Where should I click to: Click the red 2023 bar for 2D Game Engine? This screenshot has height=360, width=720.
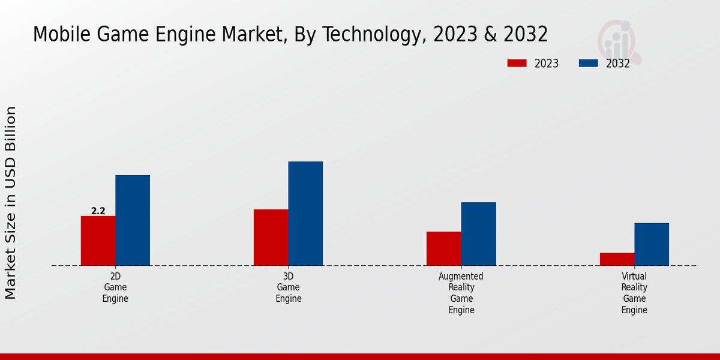click(x=98, y=241)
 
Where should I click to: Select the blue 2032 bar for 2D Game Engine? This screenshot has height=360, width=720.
click(x=133, y=220)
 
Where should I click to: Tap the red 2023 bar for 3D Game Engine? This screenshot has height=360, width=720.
click(x=271, y=238)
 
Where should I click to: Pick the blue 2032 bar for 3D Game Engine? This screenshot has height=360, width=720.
click(x=305, y=214)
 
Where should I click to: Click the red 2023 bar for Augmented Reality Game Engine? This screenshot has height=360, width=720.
click(x=444, y=248)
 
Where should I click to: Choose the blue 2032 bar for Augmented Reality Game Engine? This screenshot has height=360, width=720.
click(x=479, y=234)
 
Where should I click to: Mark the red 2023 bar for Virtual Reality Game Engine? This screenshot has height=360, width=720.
click(x=617, y=259)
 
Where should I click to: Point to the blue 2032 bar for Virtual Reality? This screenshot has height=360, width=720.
click(x=652, y=244)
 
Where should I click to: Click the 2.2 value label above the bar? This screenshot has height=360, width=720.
click(x=98, y=211)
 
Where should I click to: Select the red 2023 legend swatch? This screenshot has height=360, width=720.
click(x=517, y=63)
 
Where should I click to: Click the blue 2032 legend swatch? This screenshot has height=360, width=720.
click(x=588, y=63)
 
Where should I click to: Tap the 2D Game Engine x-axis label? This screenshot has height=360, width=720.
click(x=115, y=287)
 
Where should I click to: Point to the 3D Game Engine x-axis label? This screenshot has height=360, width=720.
click(x=289, y=287)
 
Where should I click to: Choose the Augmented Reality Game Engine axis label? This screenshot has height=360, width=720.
click(x=461, y=293)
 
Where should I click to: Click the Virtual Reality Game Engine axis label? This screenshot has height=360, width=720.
click(x=634, y=293)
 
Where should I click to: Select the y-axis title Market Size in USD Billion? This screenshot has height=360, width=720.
click(x=11, y=203)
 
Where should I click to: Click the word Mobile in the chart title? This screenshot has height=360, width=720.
click(x=61, y=35)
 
